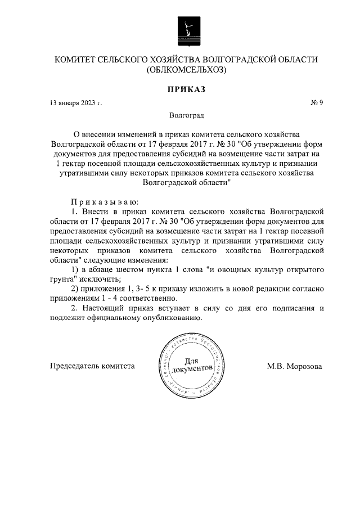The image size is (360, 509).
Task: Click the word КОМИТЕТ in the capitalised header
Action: [76, 60]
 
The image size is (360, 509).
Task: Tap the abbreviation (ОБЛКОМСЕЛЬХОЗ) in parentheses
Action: [186, 70]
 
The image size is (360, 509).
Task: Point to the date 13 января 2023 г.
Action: [76, 103]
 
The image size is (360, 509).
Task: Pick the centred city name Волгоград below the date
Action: [187, 116]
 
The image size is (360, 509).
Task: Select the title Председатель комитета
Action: [92, 366]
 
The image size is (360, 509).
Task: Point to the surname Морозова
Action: [304, 366]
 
